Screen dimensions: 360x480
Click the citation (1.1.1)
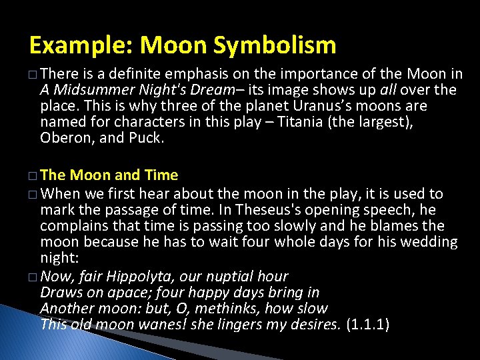tap(368, 325)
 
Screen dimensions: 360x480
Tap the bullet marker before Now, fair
tap(33, 277)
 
